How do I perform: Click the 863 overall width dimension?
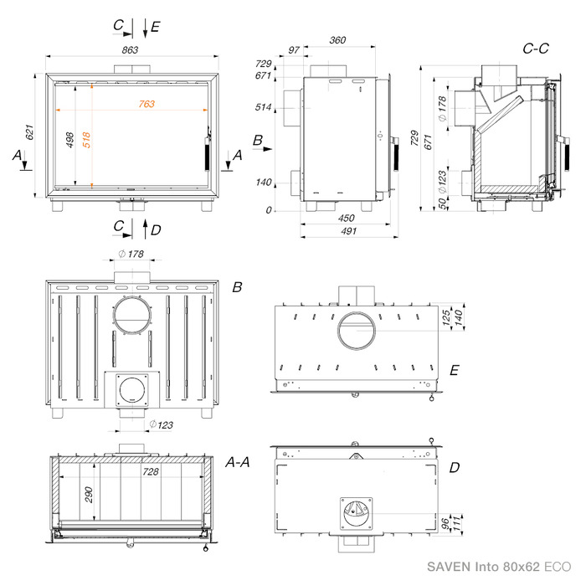coord(130,50)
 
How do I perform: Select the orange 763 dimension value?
coord(146,104)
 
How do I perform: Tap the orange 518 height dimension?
coord(86,140)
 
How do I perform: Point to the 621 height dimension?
coord(29,132)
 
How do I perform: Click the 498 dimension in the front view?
coord(69,140)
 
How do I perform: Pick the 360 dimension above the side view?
coord(337,40)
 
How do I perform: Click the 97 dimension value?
coord(294,49)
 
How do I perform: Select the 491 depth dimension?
coord(349,231)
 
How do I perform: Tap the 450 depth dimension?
coord(346,218)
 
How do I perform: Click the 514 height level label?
coord(263,107)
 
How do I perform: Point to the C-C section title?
coord(536,49)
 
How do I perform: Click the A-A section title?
coord(238,463)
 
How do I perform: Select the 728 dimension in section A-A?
coord(151,471)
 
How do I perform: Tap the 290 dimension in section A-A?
coord(89,495)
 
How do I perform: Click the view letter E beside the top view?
coord(454,370)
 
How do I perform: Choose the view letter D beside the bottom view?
coord(455,467)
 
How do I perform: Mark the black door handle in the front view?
coord(207,154)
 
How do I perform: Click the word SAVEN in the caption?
coord(449,567)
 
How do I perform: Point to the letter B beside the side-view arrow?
coord(258,141)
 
